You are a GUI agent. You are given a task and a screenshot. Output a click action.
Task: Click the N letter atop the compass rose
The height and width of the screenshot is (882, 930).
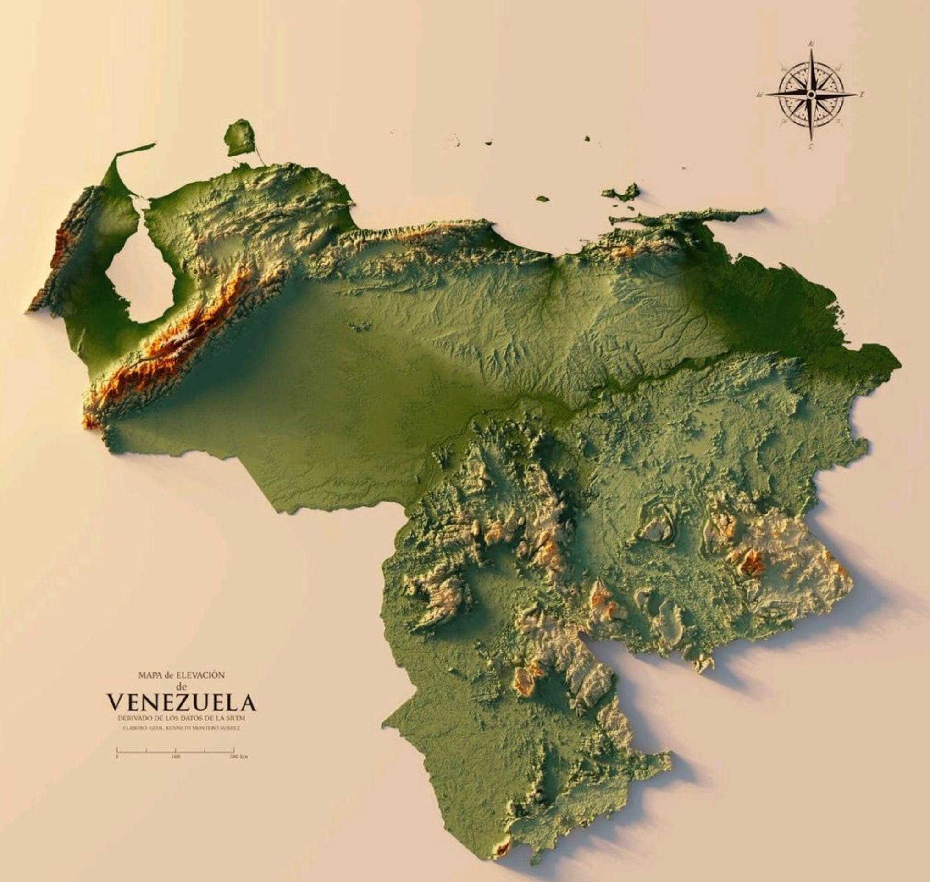pyautogui.click(x=811, y=44)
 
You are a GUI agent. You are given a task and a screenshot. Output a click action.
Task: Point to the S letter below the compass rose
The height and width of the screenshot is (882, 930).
pyautogui.click(x=811, y=146)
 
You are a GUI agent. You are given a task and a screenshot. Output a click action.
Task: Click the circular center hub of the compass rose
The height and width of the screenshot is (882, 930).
pyautogui.click(x=810, y=95)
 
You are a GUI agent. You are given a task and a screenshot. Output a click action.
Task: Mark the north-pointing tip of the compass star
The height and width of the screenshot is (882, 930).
pyautogui.click(x=811, y=51)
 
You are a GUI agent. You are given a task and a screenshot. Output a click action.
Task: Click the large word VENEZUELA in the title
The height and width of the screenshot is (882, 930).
pyautogui.click(x=183, y=703)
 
